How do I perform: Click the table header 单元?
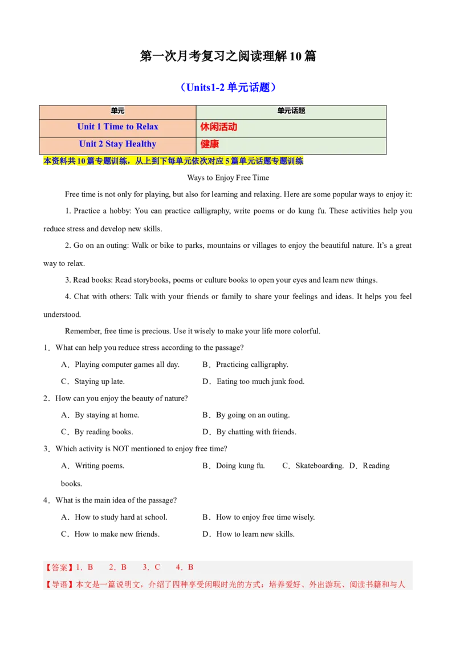tap(117, 111)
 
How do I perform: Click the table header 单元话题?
tap(291, 111)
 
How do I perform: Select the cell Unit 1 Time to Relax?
tap(117, 126)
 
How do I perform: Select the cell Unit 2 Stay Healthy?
tap(117, 144)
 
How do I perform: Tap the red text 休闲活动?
tap(219, 127)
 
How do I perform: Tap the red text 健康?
tap(210, 144)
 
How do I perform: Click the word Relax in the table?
tap(147, 126)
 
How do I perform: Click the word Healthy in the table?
tap(141, 144)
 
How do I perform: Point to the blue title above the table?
tap(228, 87)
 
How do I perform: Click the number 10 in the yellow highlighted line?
tap(80, 161)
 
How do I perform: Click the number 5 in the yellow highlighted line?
tap(227, 161)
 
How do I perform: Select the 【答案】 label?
tap(59, 567)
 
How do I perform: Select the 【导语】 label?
tap(59, 585)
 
